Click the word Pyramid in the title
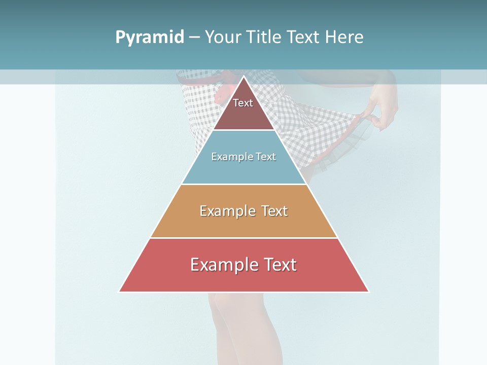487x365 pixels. (149, 38)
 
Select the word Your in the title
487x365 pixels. (222, 38)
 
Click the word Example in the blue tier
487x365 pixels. (228, 157)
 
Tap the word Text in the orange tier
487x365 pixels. (274, 211)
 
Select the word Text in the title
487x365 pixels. (303, 38)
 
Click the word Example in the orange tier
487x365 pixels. (227, 211)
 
